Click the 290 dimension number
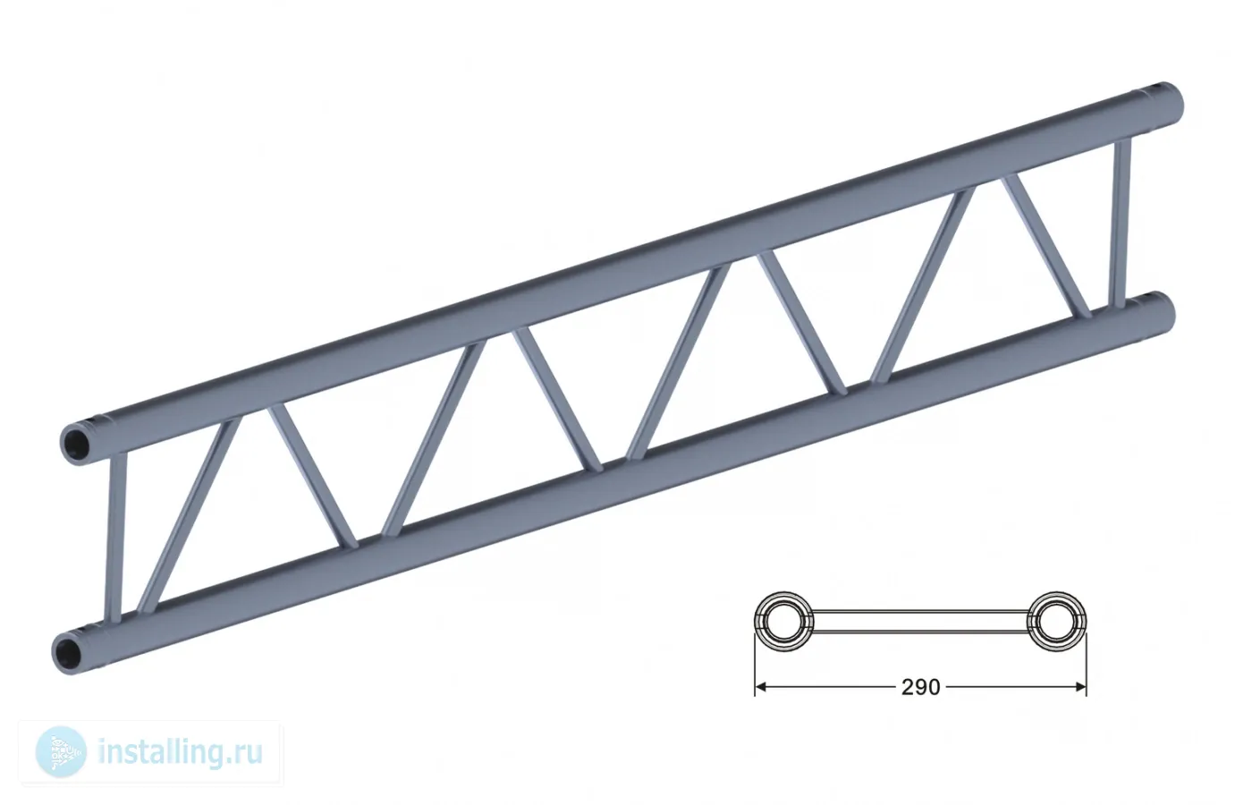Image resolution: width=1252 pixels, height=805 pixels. coord(920,687)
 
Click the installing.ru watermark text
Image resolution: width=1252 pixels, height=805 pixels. coord(180,752)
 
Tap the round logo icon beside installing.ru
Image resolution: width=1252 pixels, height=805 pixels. coord(62,752)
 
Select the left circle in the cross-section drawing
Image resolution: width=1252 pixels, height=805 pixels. coord(783,622)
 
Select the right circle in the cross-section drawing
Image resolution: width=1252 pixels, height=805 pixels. coord(1057,622)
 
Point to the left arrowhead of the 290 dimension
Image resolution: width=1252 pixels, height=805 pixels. coord(760,687)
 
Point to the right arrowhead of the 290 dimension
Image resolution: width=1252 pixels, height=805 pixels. coord(1081,687)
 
